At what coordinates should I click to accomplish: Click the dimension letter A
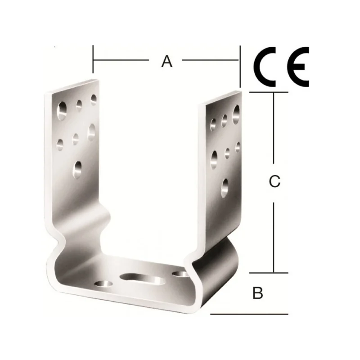166,62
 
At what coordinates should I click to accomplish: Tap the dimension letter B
257,293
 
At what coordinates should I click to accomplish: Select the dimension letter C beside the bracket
274,181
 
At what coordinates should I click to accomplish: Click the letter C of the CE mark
265,67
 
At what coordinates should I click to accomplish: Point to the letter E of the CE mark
297,67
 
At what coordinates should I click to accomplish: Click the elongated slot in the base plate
143,279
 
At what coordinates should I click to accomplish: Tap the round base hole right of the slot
181,274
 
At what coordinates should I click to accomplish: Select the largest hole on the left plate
62,111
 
